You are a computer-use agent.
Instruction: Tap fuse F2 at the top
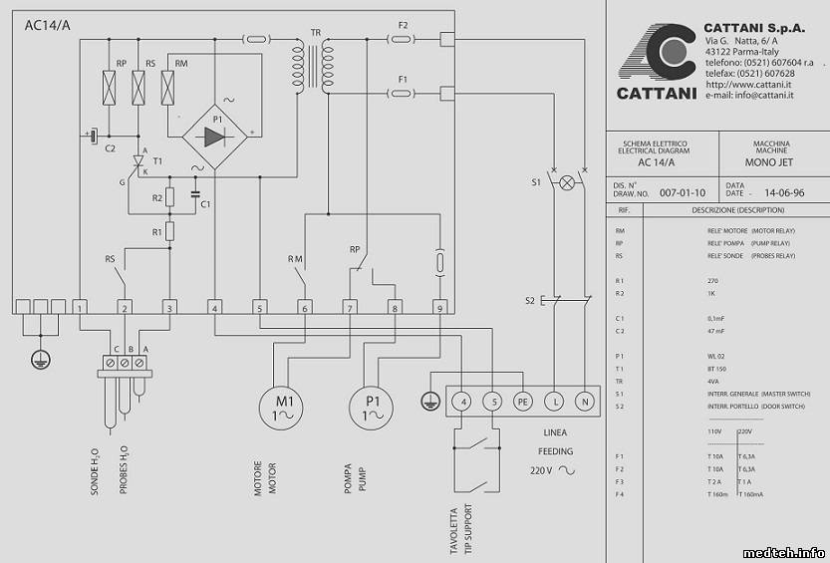(402, 40)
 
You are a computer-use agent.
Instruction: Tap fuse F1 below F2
(402, 94)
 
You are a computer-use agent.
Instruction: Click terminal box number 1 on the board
(80, 307)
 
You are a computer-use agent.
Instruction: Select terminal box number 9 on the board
(438, 307)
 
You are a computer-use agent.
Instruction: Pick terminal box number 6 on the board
(304, 307)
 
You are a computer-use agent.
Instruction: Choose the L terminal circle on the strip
(554, 401)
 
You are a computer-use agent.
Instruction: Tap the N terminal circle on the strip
(585, 401)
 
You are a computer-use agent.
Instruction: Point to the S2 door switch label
(532, 300)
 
